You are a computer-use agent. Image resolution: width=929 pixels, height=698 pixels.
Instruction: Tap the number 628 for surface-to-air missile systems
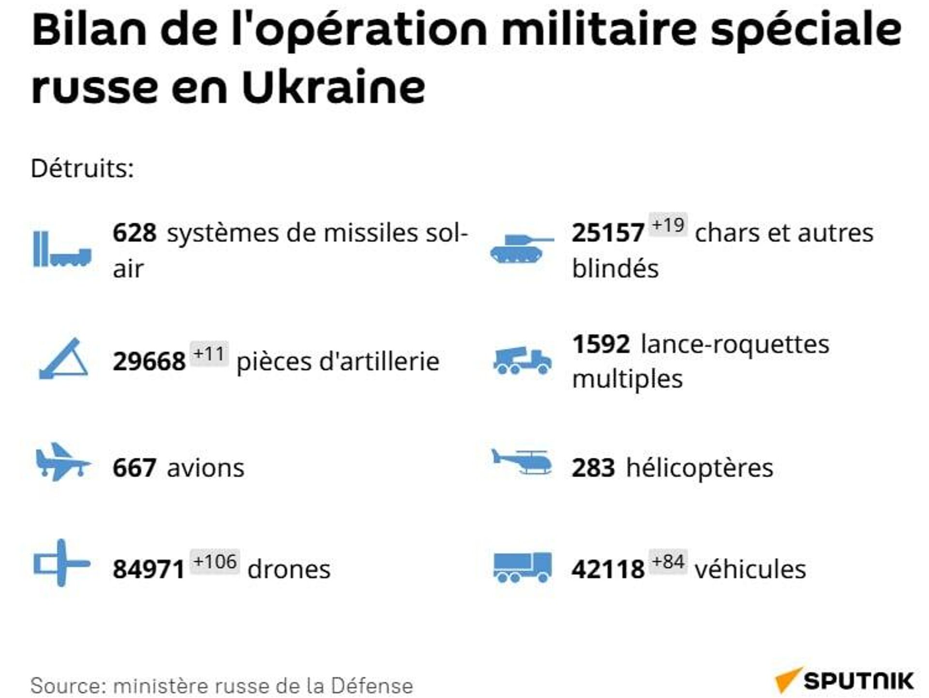pos(135,233)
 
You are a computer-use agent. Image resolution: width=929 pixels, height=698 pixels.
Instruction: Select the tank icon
pos(522,248)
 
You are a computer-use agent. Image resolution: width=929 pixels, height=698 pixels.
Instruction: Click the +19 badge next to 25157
pos(668,225)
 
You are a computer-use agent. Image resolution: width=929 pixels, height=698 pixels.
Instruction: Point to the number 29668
pos(149,361)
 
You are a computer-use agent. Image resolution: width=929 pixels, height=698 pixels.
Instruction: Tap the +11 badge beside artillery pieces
pos(209,354)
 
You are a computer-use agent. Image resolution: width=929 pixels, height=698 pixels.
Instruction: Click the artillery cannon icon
pos(63,359)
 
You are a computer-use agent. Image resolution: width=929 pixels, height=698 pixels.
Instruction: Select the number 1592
pos(601,344)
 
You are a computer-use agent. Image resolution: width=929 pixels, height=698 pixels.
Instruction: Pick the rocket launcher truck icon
pos(522,361)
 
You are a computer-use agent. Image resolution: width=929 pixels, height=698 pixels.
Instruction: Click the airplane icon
pos(62,462)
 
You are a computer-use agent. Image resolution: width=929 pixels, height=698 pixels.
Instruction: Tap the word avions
pos(206,468)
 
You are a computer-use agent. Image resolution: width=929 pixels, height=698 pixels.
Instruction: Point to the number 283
pos(593,468)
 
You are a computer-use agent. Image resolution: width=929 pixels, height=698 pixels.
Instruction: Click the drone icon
pos(61,563)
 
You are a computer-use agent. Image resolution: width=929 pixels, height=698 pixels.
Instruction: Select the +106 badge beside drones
pos(215,562)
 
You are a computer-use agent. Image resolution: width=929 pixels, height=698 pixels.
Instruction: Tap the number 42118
pos(608,569)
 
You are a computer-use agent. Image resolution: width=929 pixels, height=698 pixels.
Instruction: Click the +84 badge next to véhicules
pos(668,562)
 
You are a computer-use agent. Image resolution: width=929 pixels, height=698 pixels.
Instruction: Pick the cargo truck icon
pos(522,567)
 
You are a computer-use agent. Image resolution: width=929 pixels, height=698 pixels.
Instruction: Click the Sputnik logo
pos(845,681)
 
